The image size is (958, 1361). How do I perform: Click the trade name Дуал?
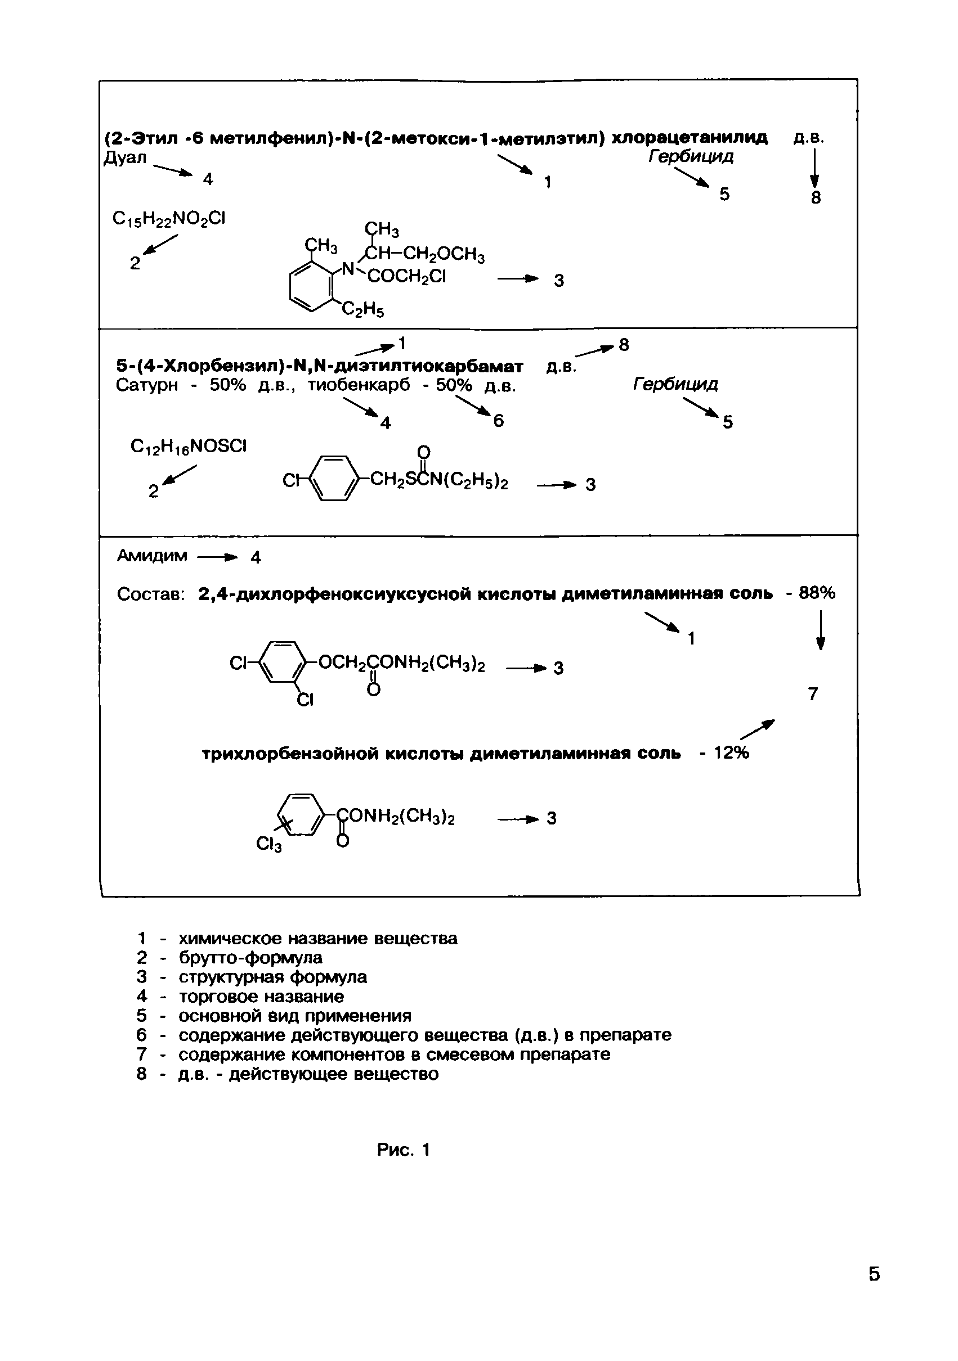(124, 158)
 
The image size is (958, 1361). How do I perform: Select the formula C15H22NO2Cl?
(169, 219)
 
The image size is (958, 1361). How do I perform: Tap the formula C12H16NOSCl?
(188, 446)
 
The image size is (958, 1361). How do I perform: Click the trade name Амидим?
(152, 556)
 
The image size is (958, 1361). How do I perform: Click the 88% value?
(817, 592)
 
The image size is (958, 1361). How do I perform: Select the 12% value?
(731, 753)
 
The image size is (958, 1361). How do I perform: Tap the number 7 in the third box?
(813, 693)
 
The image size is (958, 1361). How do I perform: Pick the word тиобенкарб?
(359, 385)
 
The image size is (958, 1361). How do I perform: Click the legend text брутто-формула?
(250, 957)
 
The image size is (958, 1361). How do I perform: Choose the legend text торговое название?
(261, 996)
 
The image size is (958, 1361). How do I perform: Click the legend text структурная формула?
(273, 976)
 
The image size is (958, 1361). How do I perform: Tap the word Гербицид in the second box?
(675, 384)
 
